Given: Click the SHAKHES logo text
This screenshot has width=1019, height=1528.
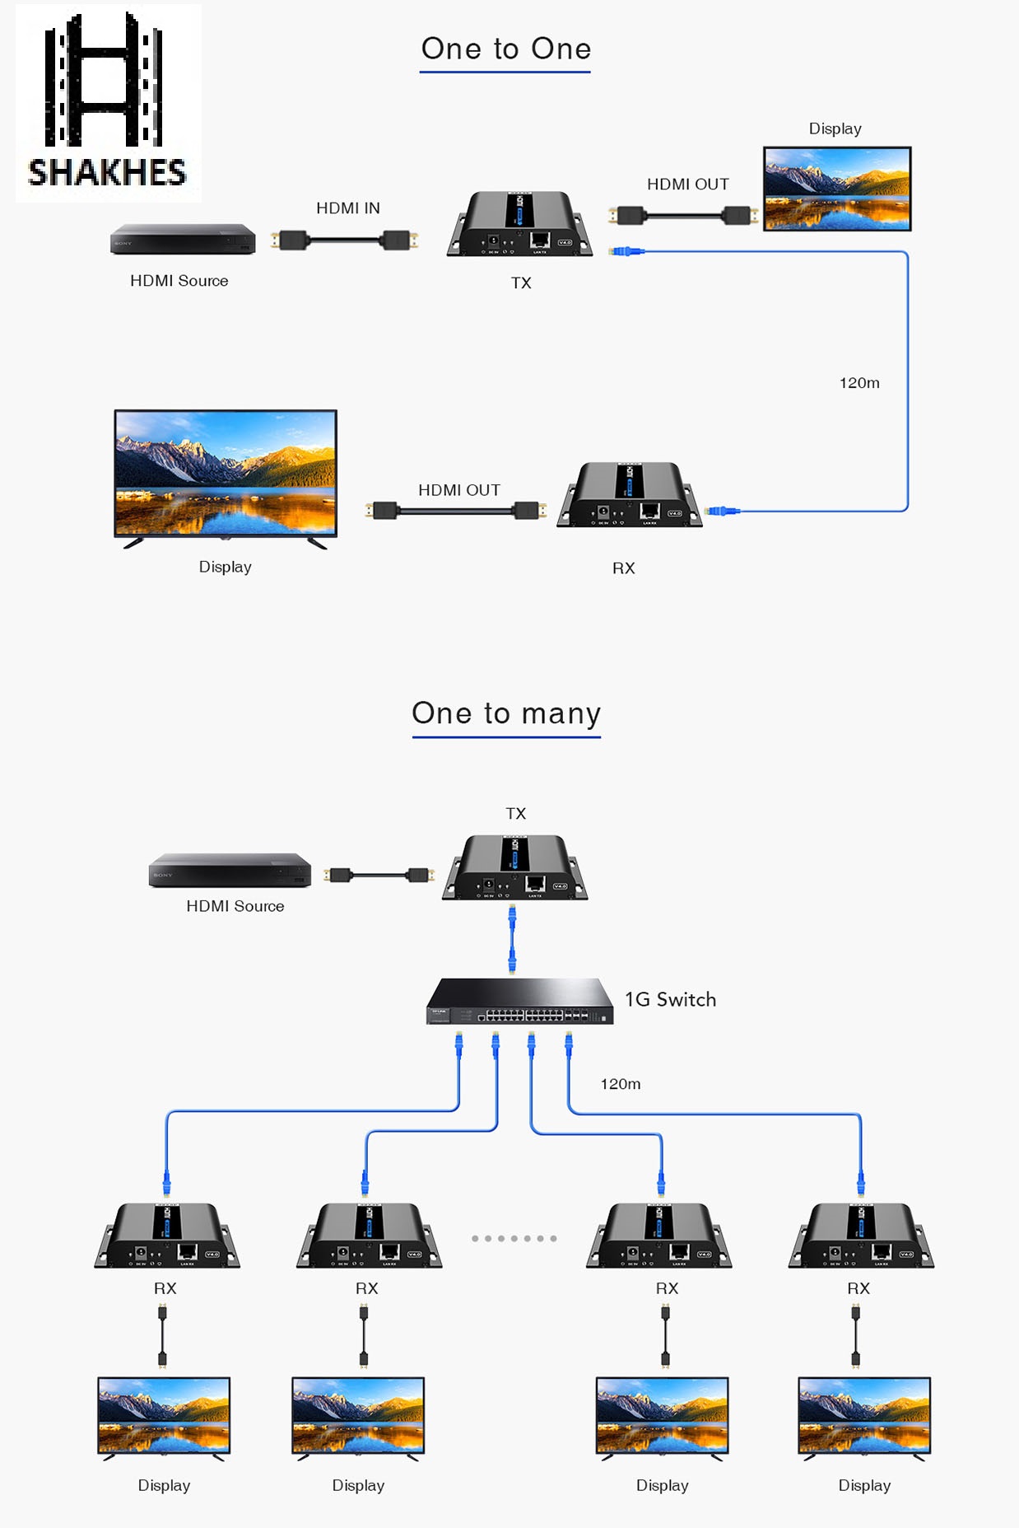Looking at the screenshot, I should [107, 172].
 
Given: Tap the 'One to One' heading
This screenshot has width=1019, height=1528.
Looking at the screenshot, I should [505, 49].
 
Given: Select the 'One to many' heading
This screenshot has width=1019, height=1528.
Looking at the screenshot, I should [506, 713].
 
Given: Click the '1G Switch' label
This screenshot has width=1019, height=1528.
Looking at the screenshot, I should [670, 999].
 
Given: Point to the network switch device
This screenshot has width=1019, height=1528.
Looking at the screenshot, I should [519, 1001].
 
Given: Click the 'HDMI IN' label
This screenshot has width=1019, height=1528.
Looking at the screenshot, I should [348, 208].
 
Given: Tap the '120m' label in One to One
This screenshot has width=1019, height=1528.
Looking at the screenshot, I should [859, 383].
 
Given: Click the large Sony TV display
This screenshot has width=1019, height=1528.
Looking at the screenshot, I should [226, 474].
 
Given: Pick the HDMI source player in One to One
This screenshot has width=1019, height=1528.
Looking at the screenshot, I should [183, 239].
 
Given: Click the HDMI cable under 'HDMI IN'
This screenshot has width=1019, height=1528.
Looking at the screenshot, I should [345, 241].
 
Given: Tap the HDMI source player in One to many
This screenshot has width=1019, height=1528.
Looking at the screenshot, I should [230, 871].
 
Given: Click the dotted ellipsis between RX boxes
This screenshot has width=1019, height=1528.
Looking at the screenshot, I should [514, 1238].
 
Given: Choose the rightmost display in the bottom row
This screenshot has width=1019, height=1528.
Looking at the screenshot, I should [864, 1416].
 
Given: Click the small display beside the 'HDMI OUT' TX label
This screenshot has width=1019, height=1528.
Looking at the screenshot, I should [837, 189].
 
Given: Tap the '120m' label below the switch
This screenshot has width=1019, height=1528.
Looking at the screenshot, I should [621, 1084].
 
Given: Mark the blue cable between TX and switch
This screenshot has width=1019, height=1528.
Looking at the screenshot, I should [512, 939].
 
